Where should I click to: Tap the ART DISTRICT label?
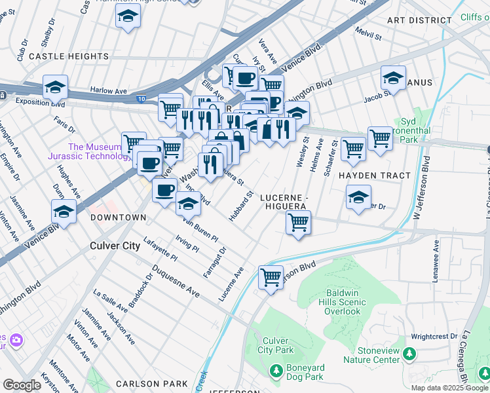pos(419,21)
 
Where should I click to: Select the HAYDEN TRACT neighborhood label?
pos(374,176)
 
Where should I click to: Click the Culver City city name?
pos(115,246)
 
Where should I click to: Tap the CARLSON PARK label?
pos(151,383)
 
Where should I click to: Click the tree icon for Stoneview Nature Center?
pos(409,354)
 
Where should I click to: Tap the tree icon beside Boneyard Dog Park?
pos(276,371)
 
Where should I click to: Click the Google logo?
pos(22,385)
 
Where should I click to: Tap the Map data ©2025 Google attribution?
pos(449,388)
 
